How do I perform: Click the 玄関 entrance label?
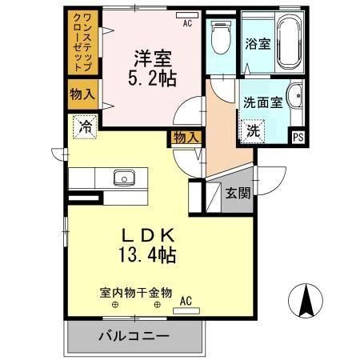tap(238, 193)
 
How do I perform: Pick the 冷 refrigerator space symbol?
tap(84, 126)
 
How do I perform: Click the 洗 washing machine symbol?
tap(252, 130)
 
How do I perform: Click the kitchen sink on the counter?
tap(124, 178)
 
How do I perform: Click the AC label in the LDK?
tap(186, 301)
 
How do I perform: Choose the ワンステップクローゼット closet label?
tap(82, 44)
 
